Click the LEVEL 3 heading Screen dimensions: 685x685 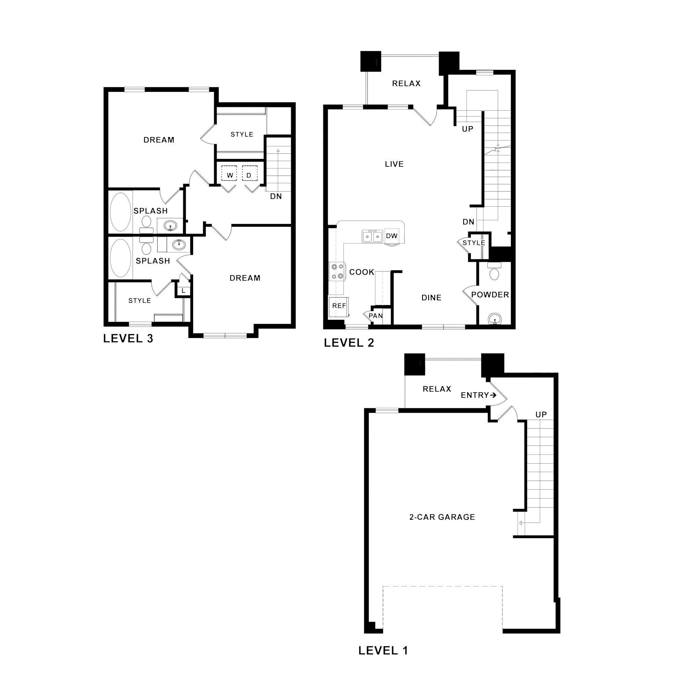point(128,339)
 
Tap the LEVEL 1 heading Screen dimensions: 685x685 point(383,651)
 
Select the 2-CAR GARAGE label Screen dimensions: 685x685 point(442,517)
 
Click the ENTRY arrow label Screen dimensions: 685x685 point(478,395)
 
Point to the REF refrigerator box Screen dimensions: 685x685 point(339,306)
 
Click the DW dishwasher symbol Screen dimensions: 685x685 point(391,236)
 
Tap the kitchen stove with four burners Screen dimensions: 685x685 point(337,272)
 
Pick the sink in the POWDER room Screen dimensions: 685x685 point(494,319)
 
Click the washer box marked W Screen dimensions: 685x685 point(229,174)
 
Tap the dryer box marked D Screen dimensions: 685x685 point(249,174)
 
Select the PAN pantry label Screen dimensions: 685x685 point(375,315)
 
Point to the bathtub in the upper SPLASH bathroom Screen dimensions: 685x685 point(120,212)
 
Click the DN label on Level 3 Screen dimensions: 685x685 point(276,196)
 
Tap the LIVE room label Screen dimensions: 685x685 point(394,164)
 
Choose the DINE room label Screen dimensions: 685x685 point(431,298)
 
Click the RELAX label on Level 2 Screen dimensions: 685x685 point(406,83)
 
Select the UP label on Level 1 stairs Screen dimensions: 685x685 point(541,414)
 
